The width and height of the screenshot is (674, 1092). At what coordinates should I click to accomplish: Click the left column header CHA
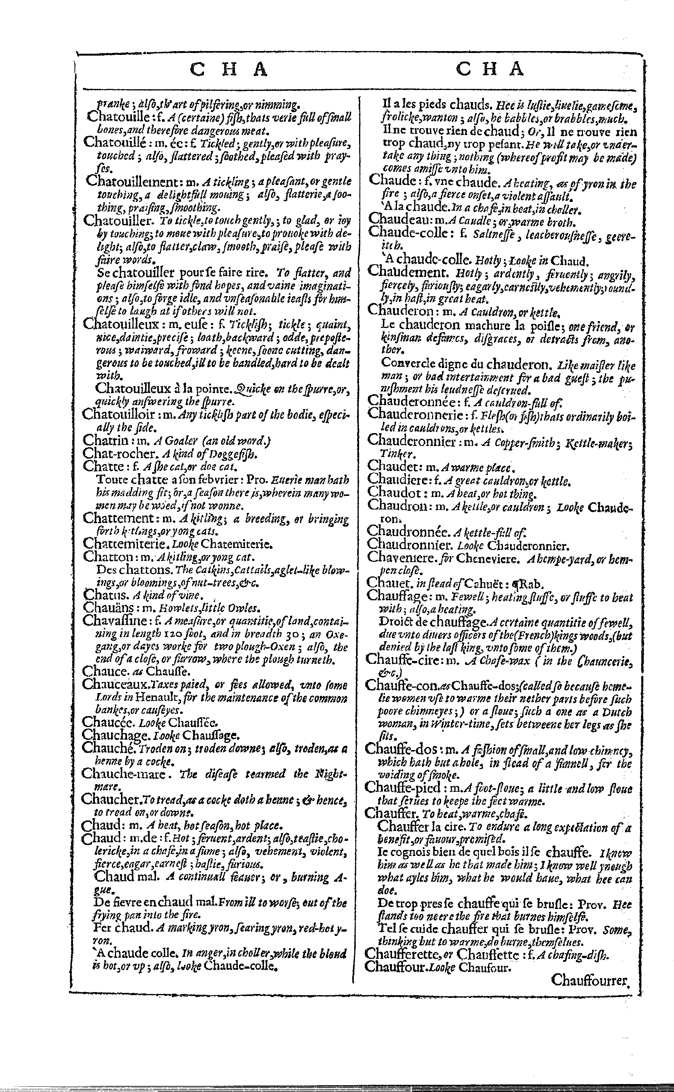pos(229,69)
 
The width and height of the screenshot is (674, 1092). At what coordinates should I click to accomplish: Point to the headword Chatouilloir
pos(119,415)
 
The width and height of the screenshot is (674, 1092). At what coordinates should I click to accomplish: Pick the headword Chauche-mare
pos(119,773)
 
